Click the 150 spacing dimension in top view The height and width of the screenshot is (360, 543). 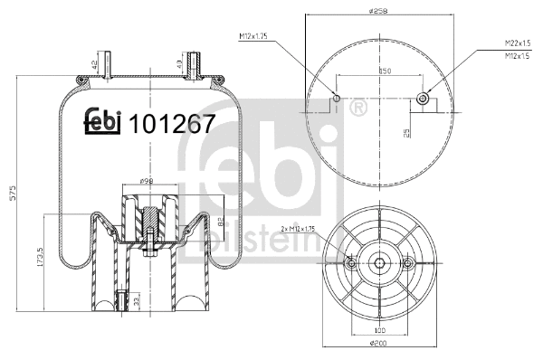[385, 71]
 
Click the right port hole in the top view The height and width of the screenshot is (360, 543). [422, 98]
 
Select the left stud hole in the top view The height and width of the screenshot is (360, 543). [336, 98]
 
